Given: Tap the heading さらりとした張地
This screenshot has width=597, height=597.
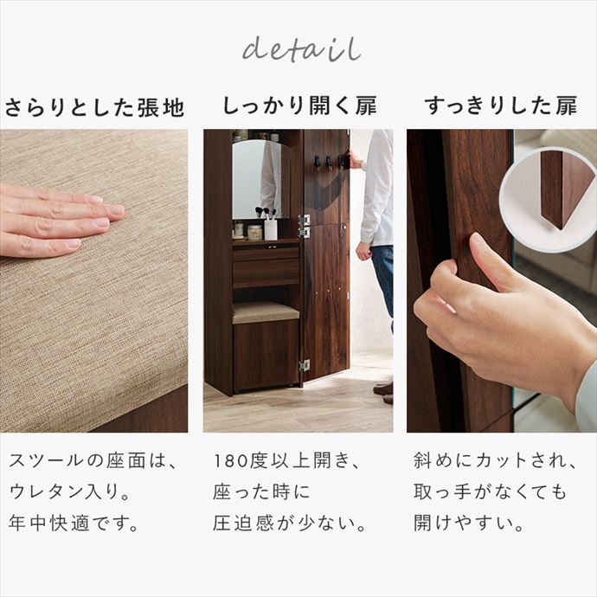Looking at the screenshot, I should tap(94, 108).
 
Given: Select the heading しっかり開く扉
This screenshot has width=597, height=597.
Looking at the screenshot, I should tap(298, 107).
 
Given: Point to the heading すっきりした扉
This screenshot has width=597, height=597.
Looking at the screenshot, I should tap(501, 107).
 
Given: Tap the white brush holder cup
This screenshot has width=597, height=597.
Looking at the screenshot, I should tap(271, 228).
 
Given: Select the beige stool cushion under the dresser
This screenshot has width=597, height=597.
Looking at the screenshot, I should tap(265, 312).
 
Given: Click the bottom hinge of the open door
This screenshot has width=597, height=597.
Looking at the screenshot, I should tap(304, 365).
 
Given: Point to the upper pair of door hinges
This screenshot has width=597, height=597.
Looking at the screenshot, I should tap(304, 225).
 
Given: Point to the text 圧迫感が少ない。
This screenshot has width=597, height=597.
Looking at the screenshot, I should tap(289, 524).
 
